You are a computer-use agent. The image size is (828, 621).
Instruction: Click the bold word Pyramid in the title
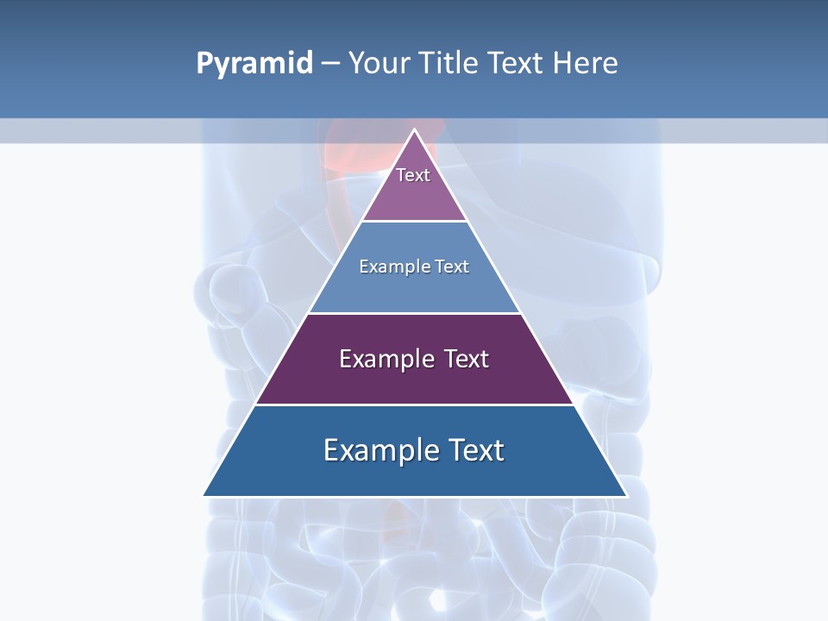[x=254, y=64]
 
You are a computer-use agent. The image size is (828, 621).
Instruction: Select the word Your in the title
[x=375, y=64]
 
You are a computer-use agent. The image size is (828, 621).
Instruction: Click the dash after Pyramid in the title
[x=329, y=64]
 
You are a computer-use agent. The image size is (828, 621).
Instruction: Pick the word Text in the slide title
[x=515, y=64]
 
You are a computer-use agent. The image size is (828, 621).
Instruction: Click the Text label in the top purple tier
[x=413, y=175]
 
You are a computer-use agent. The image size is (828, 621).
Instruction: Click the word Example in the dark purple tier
[x=385, y=359]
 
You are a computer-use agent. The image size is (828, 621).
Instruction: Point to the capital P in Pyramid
[x=204, y=64]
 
